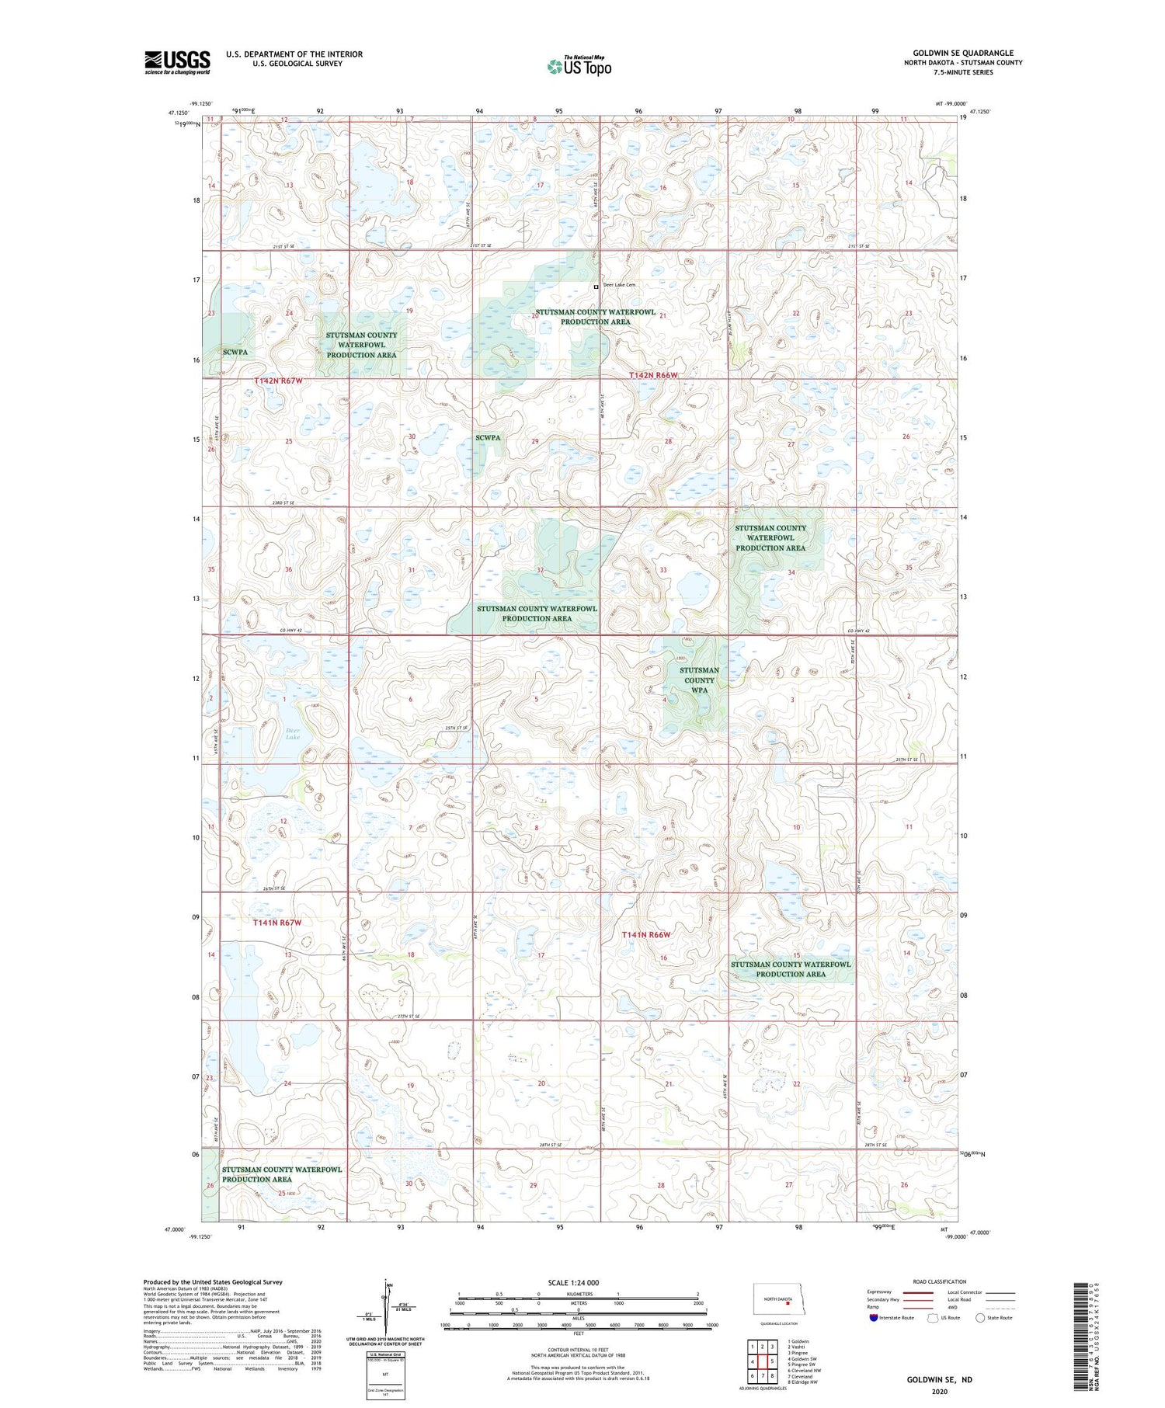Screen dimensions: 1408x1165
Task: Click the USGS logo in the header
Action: point(177,62)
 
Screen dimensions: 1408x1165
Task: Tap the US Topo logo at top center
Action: point(579,67)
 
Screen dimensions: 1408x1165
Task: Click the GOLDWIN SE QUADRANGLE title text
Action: point(962,53)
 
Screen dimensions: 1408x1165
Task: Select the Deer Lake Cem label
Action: point(619,285)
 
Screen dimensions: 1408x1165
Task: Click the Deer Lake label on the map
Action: point(292,733)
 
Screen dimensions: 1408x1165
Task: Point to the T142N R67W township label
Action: point(277,381)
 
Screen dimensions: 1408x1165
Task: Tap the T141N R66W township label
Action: point(645,934)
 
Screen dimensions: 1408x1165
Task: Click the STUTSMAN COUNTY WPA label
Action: point(699,680)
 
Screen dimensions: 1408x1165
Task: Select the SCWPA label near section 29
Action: point(488,437)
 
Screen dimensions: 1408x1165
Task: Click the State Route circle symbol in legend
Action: point(980,1317)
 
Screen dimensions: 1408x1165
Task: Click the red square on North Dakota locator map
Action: point(788,1305)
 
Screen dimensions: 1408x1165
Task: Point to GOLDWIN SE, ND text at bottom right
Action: point(939,1379)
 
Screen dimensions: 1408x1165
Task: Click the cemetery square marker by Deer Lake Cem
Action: point(596,287)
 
